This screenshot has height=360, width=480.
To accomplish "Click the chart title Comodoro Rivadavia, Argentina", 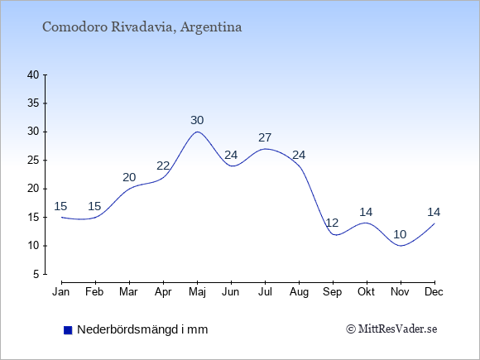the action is [142, 27].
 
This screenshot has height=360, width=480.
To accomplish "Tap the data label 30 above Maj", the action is [197, 120].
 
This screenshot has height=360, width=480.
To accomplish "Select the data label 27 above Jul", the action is [265, 137].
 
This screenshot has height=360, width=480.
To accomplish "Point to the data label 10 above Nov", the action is [400, 234].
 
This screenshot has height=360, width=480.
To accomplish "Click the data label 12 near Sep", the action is [332, 223].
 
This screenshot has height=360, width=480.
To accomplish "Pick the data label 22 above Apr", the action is [163, 166].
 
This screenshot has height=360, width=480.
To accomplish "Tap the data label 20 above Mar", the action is [129, 177].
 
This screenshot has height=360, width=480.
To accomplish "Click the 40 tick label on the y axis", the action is [33, 75].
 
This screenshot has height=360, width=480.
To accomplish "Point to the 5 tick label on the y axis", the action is [36, 274].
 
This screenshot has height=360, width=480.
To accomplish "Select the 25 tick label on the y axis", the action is [33, 161].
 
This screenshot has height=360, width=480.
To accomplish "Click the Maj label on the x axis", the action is [197, 292].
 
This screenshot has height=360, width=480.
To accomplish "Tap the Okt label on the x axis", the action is [366, 292].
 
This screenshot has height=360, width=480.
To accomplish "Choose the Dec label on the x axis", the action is [434, 292].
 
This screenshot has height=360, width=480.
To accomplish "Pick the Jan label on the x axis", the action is [61, 292].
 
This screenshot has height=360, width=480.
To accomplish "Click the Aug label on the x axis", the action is [299, 292].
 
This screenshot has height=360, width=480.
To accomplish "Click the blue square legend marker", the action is [68, 330].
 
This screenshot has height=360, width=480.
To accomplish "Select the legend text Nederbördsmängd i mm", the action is [142, 329].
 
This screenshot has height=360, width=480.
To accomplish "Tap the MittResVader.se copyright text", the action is [391, 329].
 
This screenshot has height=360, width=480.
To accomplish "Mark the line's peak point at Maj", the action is [197, 132].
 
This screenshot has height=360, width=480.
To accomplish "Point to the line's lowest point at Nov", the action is [401, 246].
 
